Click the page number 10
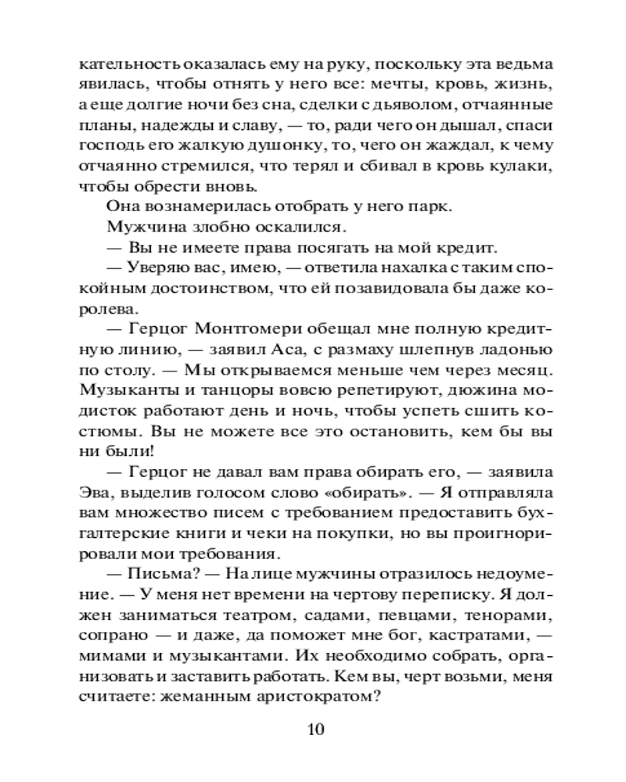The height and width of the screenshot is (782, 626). point(313,730)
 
